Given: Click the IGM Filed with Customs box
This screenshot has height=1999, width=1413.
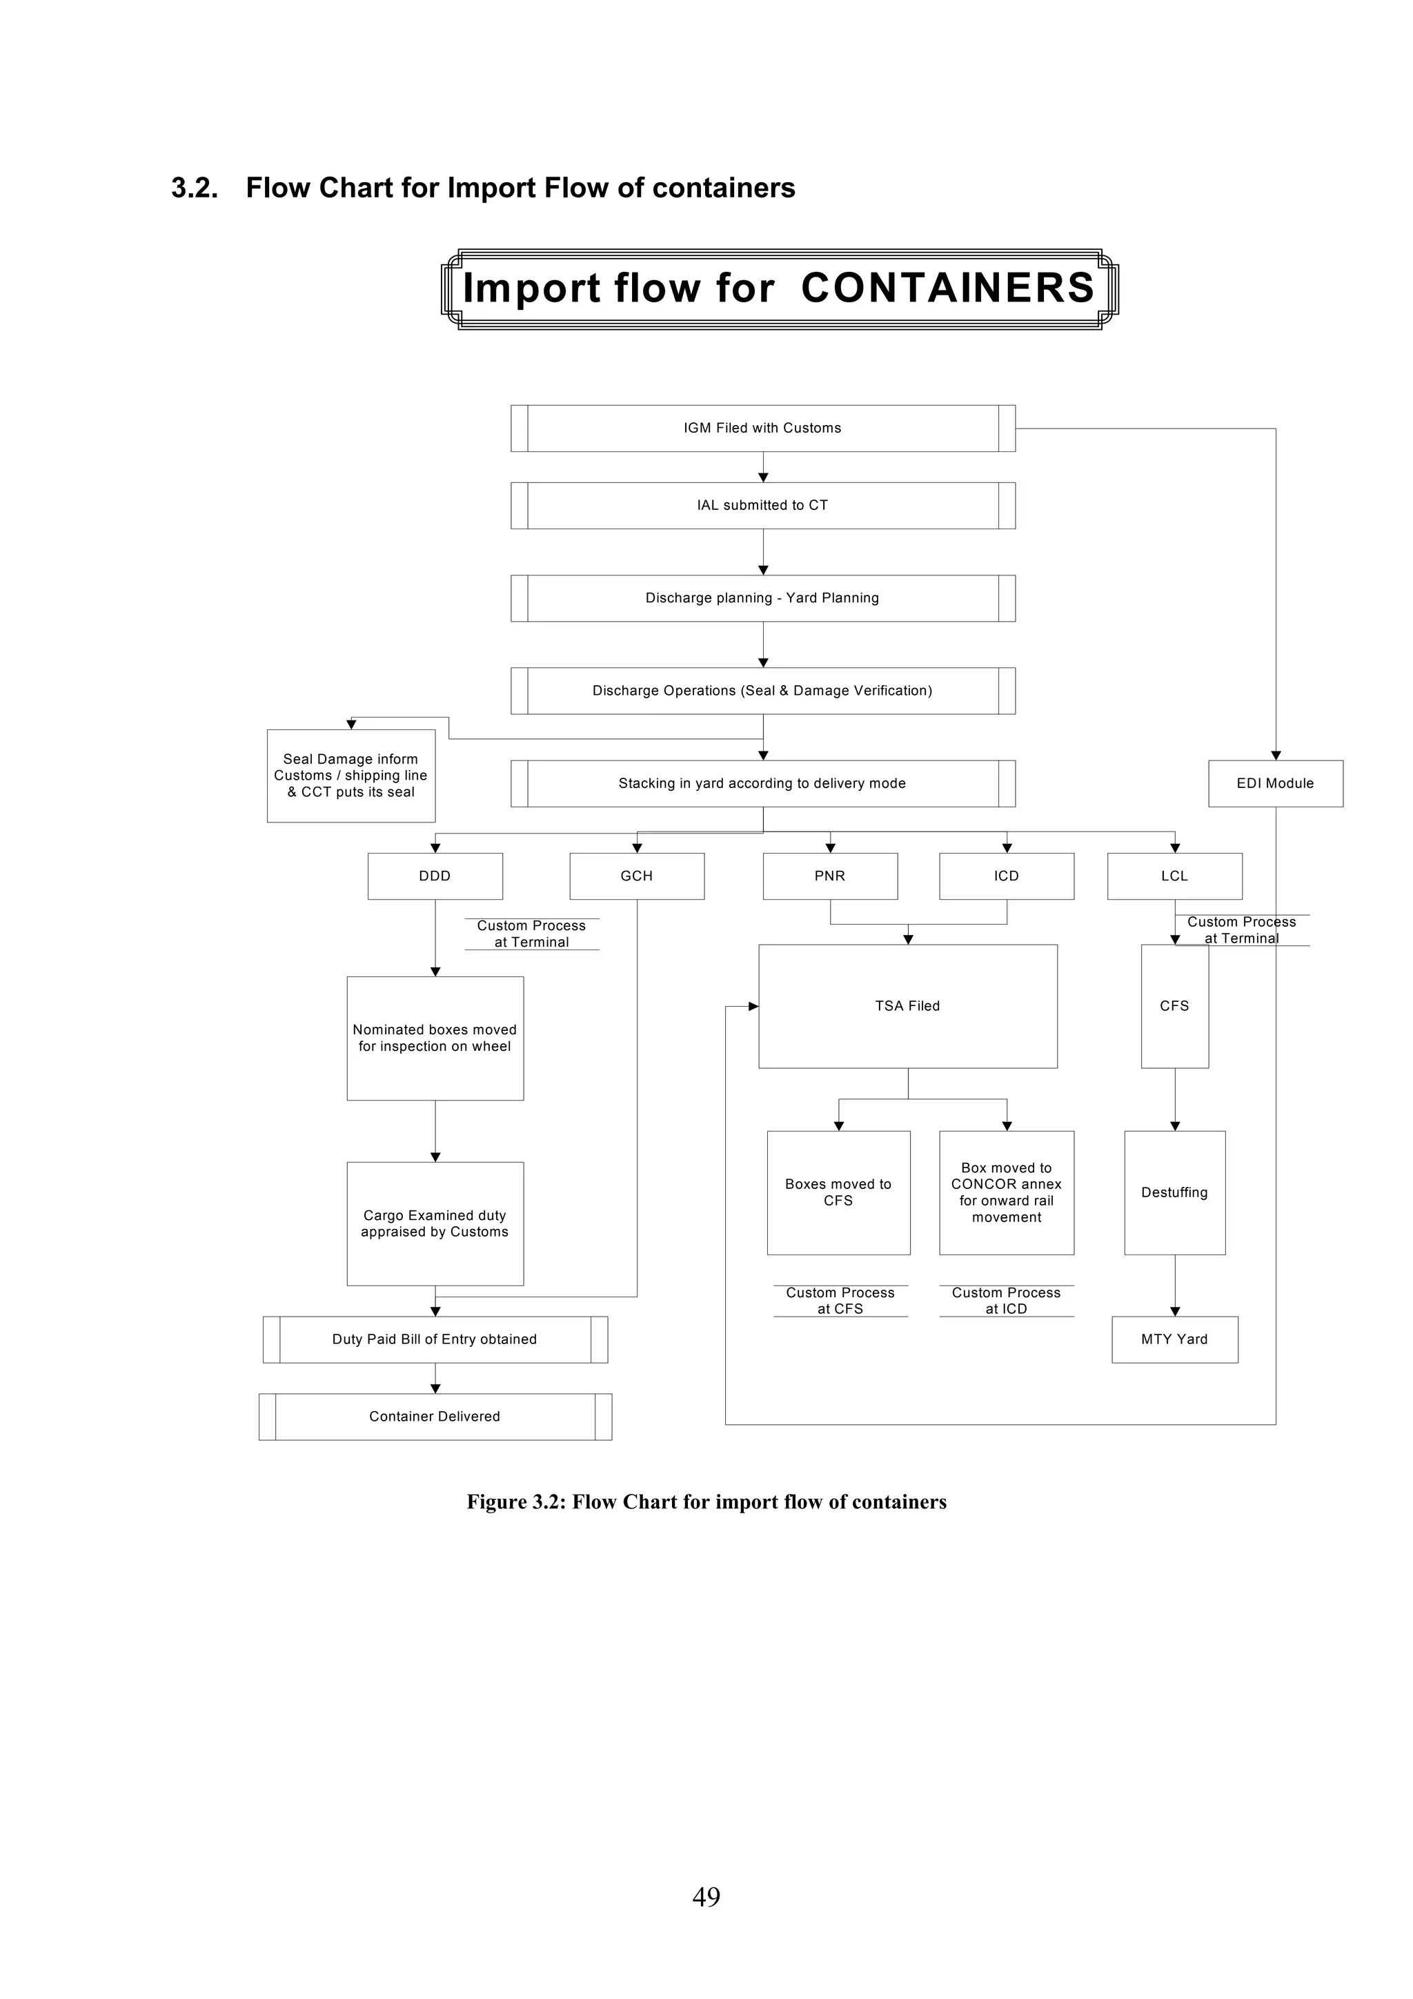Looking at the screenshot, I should (762, 428).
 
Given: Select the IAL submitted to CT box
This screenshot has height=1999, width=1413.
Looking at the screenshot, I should (762, 505).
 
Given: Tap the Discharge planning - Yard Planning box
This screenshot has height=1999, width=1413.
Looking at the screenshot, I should (762, 598).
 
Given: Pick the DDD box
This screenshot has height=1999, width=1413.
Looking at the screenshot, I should (435, 876).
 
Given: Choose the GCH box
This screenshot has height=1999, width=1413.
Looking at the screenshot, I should (636, 876).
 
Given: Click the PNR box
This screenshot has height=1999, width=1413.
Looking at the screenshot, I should (830, 876).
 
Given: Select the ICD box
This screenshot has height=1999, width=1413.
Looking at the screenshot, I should (1007, 876).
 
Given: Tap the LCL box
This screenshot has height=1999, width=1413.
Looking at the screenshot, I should (1174, 876).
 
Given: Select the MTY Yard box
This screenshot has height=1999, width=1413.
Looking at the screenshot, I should (1174, 1339).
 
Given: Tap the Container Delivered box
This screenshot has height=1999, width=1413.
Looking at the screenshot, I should (435, 1417).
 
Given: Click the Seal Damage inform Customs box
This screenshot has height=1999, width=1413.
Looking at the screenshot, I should (351, 775).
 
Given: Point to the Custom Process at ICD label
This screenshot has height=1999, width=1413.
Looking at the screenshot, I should (1007, 1301).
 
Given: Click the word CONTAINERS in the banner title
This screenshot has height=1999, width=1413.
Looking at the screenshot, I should (947, 288).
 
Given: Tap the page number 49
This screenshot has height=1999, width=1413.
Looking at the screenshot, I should (706, 1920).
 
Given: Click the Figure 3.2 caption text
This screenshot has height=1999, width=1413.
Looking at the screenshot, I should (706, 1502).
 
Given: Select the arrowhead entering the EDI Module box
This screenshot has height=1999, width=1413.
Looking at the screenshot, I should (1276, 755).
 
